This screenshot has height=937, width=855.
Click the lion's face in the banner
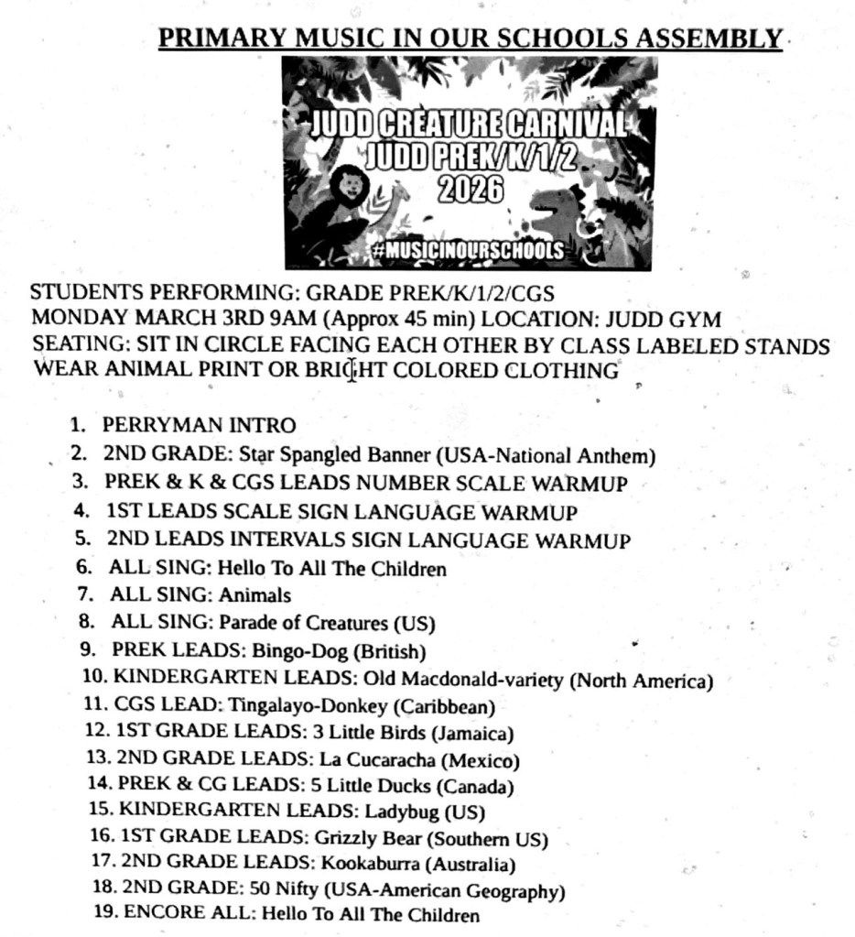tap(350, 187)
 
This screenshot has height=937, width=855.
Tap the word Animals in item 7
tap(254, 595)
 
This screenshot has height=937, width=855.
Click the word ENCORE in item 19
tap(158, 914)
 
